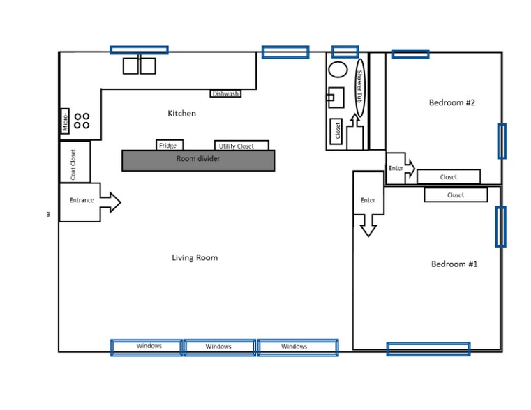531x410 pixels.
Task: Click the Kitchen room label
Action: [x=181, y=113]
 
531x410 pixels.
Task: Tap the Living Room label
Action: [x=195, y=257]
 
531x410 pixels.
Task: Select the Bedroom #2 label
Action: [x=451, y=102]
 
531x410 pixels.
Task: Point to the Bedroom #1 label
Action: [x=454, y=264]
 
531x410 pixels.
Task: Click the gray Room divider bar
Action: [x=198, y=160]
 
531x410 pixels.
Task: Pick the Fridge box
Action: [x=169, y=145]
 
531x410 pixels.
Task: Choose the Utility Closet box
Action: [x=241, y=146]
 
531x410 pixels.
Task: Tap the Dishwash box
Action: [x=225, y=93]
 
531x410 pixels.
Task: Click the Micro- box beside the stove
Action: [x=65, y=121]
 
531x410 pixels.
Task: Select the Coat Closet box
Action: [x=74, y=161]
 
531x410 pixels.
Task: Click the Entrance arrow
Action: [x=88, y=202]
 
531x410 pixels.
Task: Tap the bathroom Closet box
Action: [x=337, y=131]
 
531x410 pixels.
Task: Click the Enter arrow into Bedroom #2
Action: [x=400, y=168]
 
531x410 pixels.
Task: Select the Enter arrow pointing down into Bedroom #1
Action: [x=368, y=208]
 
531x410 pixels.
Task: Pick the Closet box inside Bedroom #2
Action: [x=448, y=176]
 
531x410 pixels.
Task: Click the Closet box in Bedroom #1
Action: [x=455, y=195]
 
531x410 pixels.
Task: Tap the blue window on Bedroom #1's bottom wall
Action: [x=428, y=348]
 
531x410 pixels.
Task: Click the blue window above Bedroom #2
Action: [x=410, y=54]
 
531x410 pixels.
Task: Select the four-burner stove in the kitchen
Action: [x=82, y=121]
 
